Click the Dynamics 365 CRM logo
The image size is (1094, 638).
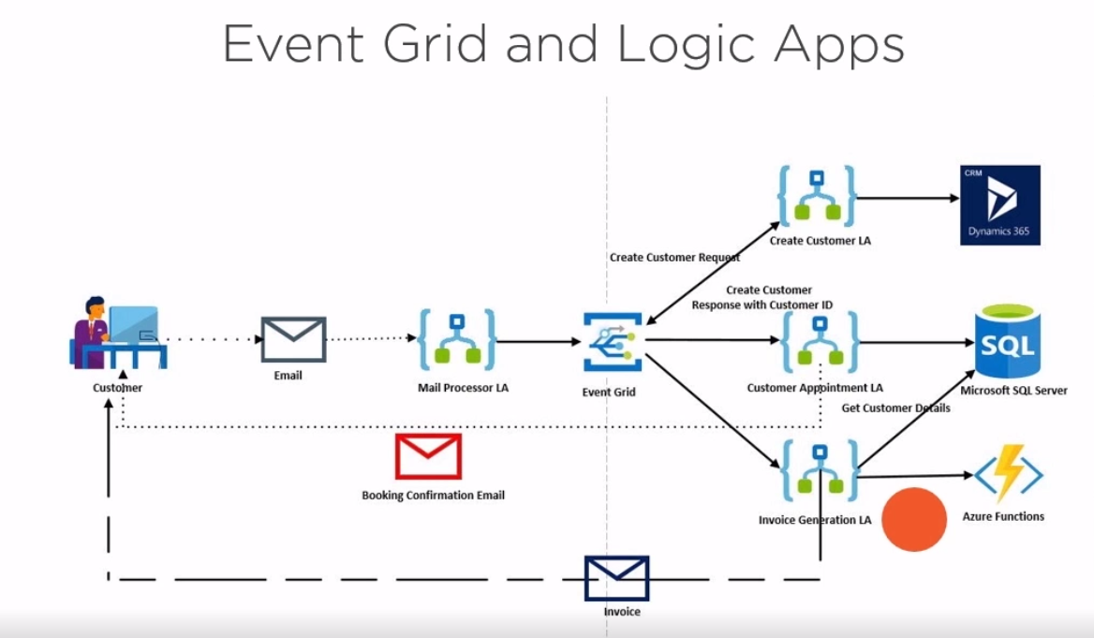tap(999, 205)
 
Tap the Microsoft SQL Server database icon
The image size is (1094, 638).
tap(1007, 342)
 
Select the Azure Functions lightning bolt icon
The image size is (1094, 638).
tap(1009, 476)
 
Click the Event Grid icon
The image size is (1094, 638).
tap(612, 343)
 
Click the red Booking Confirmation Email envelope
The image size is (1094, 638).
tap(428, 456)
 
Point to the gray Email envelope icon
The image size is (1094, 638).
tap(293, 339)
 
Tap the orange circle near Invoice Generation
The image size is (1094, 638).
tap(914, 519)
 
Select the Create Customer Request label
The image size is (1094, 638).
tap(674, 257)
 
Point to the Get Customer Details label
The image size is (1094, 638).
tap(895, 408)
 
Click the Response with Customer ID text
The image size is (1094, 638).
tap(761, 304)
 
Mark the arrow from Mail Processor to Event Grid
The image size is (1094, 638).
tap(539, 342)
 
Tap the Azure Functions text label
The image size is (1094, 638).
tap(1003, 516)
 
